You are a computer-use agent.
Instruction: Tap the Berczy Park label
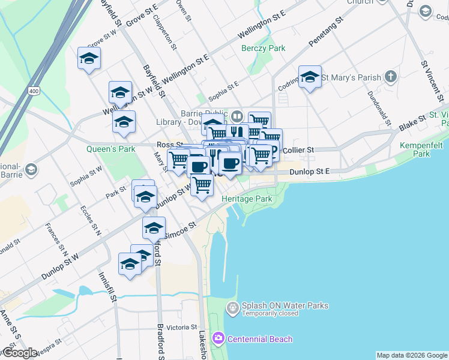tap(263, 48)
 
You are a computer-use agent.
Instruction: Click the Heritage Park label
tap(247, 199)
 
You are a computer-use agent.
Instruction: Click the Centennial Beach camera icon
tap(218, 339)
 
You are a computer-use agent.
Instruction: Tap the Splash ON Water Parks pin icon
tap(232, 308)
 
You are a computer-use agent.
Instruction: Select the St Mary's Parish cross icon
tap(391, 77)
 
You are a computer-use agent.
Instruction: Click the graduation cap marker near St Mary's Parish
tap(310, 77)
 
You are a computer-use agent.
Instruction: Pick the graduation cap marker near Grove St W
tap(89, 59)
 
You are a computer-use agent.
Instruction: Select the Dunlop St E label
tap(310, 172)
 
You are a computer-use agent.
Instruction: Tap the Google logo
tap(20, 353)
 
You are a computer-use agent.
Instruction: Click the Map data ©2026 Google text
tap(412, 355)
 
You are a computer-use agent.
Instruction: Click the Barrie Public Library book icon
tap(237, 116)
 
